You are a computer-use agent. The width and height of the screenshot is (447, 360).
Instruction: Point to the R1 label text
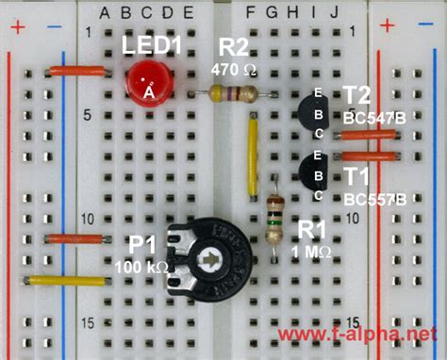point(312,230)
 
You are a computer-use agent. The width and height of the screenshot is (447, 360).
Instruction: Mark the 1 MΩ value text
point(311,252)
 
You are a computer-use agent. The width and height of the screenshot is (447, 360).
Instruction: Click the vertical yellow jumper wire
point(252,155)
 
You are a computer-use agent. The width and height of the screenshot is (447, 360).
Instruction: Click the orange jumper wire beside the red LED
point(78,71)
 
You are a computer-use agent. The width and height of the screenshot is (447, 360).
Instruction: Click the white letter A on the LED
point(148,92)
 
